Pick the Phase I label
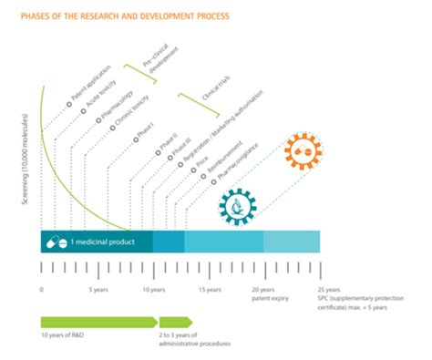pos(147,134)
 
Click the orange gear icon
pos(304,159)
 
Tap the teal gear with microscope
pos(237,206)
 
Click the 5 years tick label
pos(99,290)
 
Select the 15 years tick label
pos(210,290)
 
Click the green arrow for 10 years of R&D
pos(98,322)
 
